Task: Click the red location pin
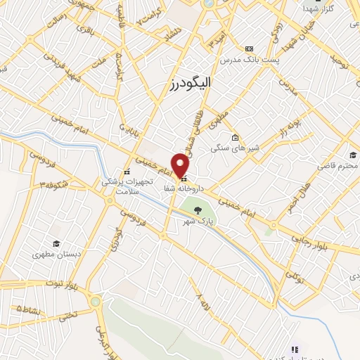[x=182, y=165]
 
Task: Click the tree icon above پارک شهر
[x=199, y=210]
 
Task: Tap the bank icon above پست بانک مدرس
[x=249, y=49]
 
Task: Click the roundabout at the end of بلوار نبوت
[x=94, y=301]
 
